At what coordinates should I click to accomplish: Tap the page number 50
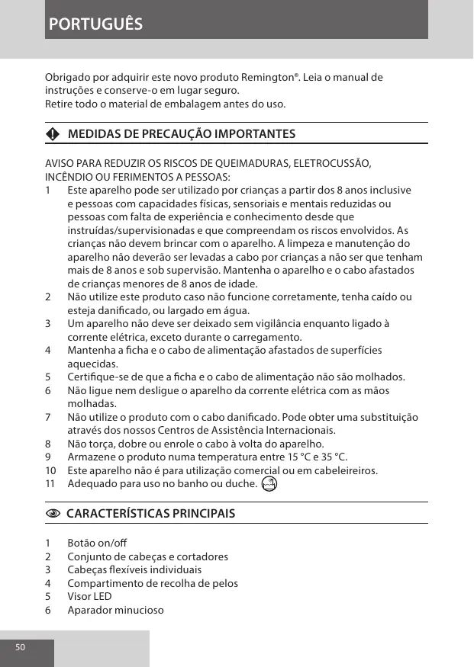(20, 647)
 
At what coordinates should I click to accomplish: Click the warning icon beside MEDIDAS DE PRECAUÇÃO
(51, 134)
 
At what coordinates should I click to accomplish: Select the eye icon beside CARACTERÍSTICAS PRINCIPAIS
(51, 513)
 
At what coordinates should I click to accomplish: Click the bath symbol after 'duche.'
(268, 484)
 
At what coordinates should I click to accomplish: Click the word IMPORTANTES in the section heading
(252, 134)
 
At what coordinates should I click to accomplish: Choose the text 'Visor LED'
(89, 597)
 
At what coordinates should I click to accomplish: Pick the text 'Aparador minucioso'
(115, 611)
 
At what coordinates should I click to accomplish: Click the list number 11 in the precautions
(50, 483)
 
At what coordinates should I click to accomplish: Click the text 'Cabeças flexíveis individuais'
(134, 570)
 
